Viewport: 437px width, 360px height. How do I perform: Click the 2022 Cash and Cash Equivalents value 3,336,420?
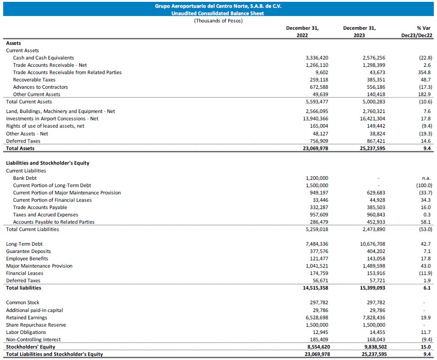pyautogui.click(x=317, y=58)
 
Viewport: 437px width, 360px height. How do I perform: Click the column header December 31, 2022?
pyautogui.click(x=302, y=32)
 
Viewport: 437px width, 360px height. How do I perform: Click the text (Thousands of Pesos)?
pyautogui.click(x=218, y=21)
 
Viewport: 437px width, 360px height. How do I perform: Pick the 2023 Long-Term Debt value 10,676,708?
pyautogui.click(x=373, y=244)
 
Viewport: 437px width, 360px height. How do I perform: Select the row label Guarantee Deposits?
pyautogui.click(x=28, y=251)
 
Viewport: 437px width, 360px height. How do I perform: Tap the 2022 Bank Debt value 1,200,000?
pyautogui.click(x=317, y=178)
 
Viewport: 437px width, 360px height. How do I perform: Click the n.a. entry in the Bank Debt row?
pyautogui.click(x=426, y=178)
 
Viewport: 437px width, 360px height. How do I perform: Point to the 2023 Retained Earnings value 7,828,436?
pyautogui.click(x=373, y=317)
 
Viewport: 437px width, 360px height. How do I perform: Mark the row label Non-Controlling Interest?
pyautogui.click(x=33, y=339)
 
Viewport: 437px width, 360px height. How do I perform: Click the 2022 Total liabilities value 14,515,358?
pyautogui.click(x=315, y=288)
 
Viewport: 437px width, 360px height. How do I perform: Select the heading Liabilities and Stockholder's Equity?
pyautogui.click(x=48, y=163)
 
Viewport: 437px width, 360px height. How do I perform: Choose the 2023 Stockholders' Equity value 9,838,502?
pyautogui.click(x=373, y=347)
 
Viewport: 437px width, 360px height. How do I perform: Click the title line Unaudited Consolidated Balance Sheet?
pyautogui.click(x=218, y=14)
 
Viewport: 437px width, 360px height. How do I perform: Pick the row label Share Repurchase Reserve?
pyautogui.click(x=36, y=325)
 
